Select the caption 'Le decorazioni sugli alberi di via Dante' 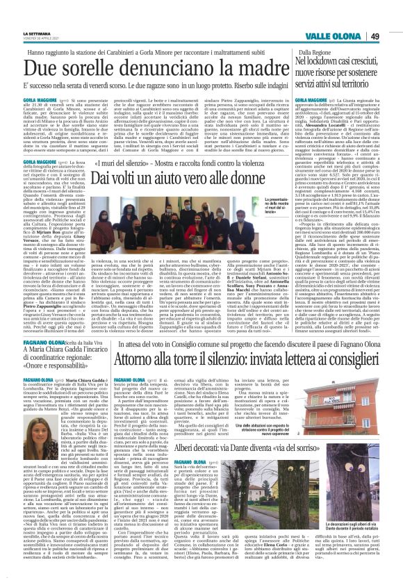[355, 543]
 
